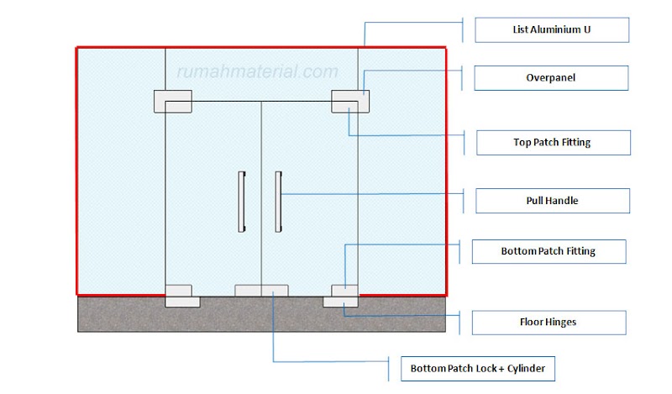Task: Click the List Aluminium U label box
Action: coord(551,29)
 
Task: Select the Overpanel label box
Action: coord(551,78)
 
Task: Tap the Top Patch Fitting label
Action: coord(552,143)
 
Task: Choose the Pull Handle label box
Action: coord(552,201)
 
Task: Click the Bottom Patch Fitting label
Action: coord(548,251)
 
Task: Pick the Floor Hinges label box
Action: coord(548,322)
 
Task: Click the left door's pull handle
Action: coord(243,201)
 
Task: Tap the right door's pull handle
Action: coord(278,201)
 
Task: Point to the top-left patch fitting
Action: coord(172,101)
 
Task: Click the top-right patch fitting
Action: coord(350,101)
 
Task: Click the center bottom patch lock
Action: coord(261,291)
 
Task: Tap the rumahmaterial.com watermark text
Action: coord(256,72)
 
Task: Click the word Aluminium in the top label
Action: coord(554,29)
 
